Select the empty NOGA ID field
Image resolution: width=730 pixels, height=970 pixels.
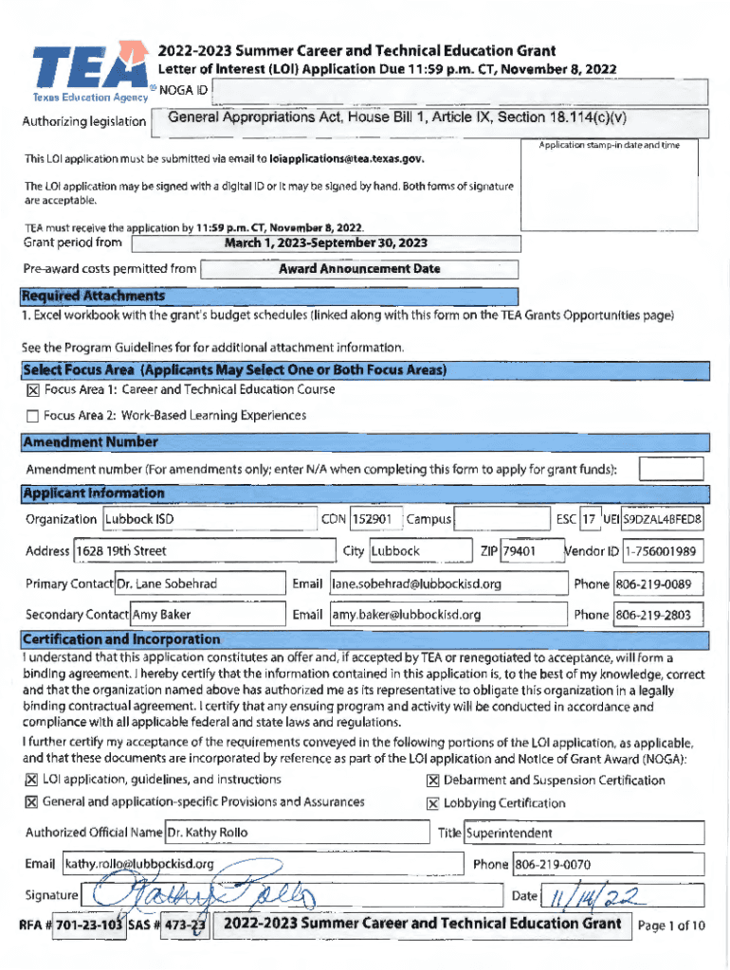[460, 91]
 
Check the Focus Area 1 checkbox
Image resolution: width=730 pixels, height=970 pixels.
[31, 390]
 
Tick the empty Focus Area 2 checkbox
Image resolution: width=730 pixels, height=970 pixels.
[31, 416]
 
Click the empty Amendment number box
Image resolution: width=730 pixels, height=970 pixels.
[670, 469]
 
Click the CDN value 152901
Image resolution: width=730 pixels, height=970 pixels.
[372, 520]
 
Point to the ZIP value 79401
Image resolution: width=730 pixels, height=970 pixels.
[519, 551]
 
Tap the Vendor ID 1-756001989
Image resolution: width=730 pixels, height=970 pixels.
[661, 551]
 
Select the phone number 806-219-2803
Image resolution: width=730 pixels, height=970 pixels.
[658, 616]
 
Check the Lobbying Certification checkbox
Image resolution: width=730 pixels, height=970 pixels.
[433, 804]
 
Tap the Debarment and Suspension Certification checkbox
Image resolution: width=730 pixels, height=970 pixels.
[433, 781]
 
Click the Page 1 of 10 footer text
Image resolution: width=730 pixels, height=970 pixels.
[671, 926]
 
